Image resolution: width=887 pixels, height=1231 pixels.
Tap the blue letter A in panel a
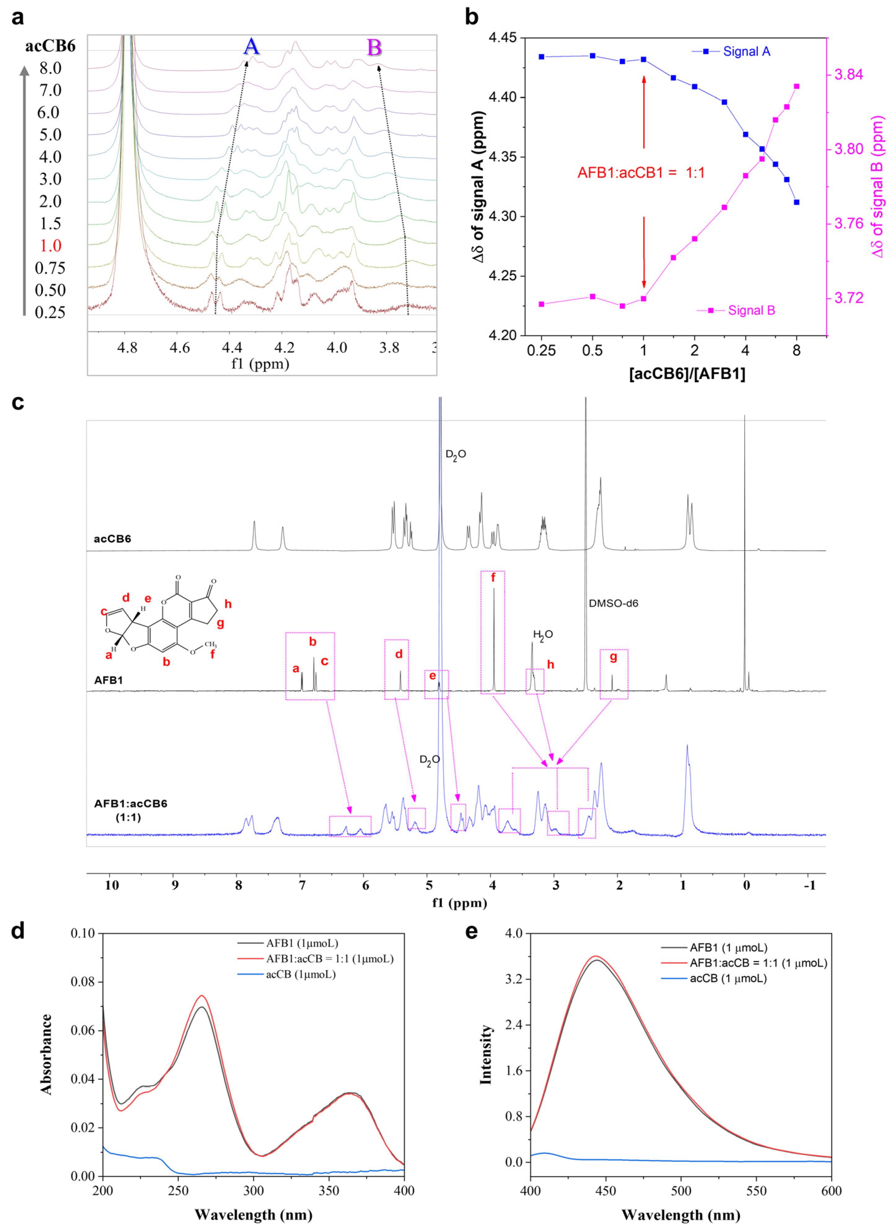[251, 47]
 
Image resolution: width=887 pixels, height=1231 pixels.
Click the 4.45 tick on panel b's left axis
[502, 38]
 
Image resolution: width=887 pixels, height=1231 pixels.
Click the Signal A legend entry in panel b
[746, 51]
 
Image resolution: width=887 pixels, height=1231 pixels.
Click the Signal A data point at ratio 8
[796, 202]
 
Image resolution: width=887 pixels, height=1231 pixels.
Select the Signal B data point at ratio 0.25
[541, 304]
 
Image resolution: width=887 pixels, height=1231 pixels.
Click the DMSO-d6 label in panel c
[613, 603]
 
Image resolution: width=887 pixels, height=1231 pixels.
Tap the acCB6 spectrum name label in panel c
[112, 539]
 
